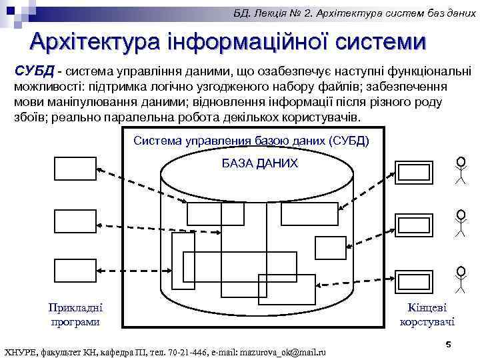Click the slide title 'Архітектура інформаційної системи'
pos(227,42)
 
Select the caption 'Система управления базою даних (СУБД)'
pos(251,141)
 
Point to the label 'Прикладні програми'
pos(75,315)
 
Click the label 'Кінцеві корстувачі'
pos(427,315)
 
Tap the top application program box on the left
pos(75,168)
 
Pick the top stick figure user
pos(459,170)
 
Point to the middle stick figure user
pos(459,223)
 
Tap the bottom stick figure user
pos(459,279)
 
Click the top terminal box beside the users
pos(417,171)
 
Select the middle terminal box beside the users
pos(417,225)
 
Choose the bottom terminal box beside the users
pos(417,279)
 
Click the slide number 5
pos(449,344)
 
